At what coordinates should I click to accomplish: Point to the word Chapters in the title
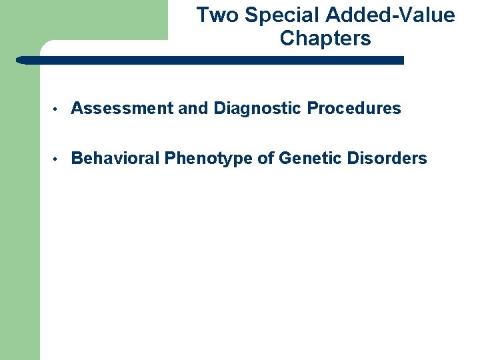[325, 39]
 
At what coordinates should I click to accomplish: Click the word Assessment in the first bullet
[122, 108]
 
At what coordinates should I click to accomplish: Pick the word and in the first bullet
[194, 108]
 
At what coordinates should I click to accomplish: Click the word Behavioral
[115, 158]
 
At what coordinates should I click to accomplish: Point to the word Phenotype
[211, 159]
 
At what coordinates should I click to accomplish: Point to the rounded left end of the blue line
[20, 60]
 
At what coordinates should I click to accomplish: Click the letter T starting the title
[202, 15]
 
